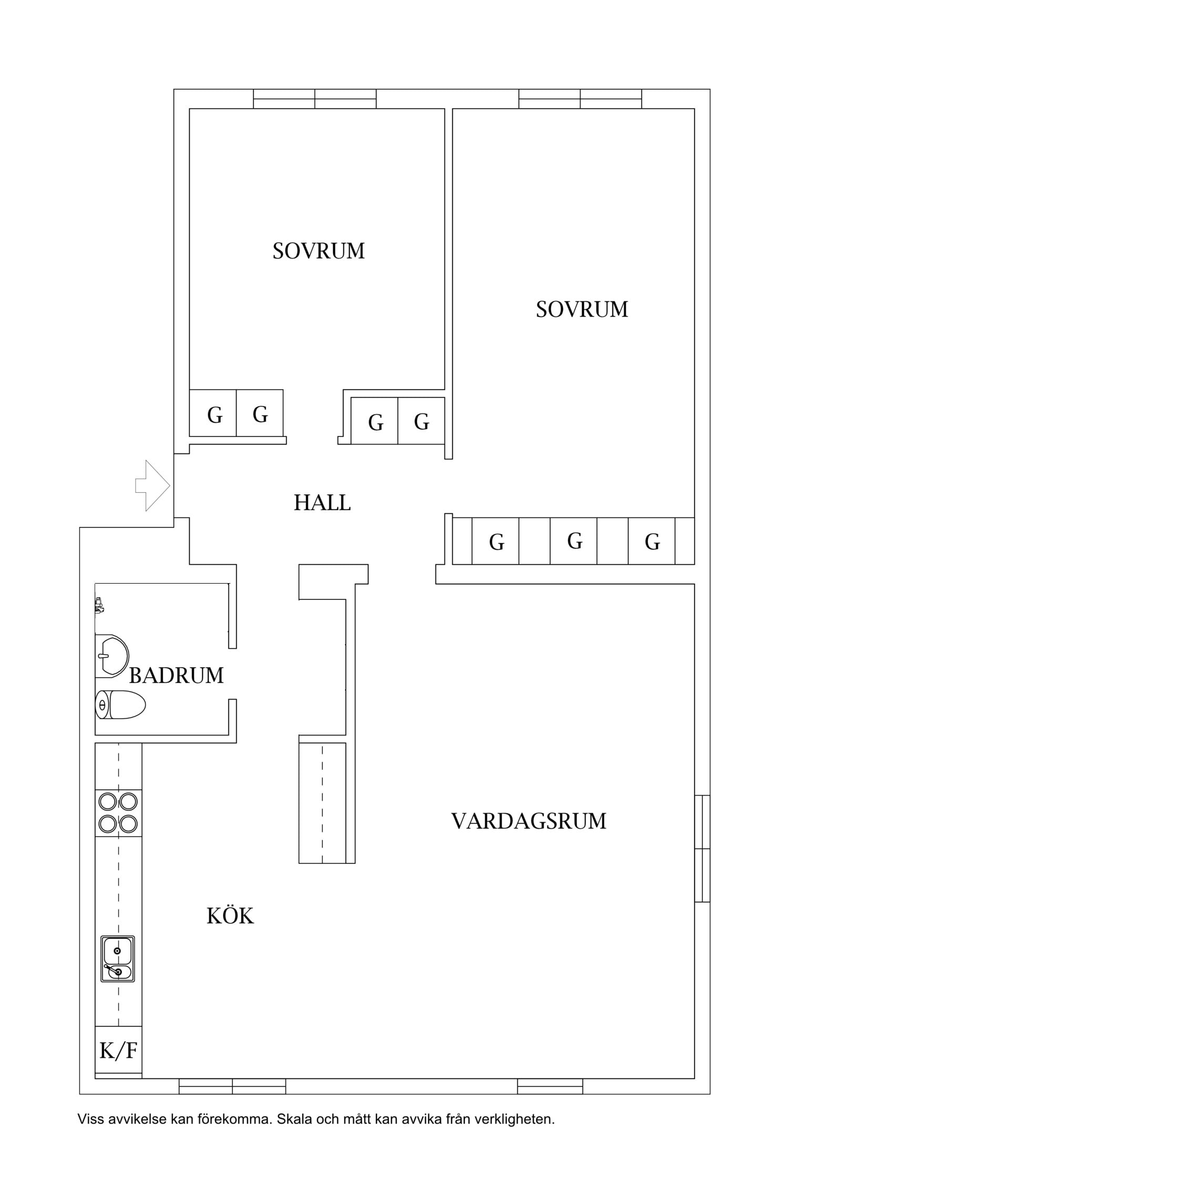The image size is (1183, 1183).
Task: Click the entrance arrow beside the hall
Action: click(x=152, y=486)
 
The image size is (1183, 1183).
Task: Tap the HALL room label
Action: click(x=322, y=503)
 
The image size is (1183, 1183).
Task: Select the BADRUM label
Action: click(x=176, y=676)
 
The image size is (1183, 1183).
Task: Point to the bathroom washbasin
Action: click(x=112, y=656)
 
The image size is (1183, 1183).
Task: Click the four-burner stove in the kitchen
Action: click(x=118, y=812)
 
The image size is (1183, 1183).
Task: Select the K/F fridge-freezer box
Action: click(x=118, y=1050)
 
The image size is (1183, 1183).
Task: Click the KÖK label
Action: click(x=230, y=915)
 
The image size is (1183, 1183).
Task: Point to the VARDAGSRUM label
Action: click(x=529, y=821)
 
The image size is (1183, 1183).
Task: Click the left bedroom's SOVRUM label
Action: click(x=319, y=251)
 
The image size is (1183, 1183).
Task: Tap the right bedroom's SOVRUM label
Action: click(x=582, y=309)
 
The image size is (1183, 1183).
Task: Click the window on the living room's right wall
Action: click(x=702, y=849)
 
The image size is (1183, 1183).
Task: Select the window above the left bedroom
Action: click(x=315, y=99)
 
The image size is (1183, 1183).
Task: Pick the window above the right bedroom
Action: click(x=580, y=99)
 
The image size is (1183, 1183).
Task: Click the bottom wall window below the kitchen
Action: click(x=233, y=1086)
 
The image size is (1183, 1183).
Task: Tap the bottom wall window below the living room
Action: click(x=550, y=1086)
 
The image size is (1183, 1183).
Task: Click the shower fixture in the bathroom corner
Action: click(x=99, y=606)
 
